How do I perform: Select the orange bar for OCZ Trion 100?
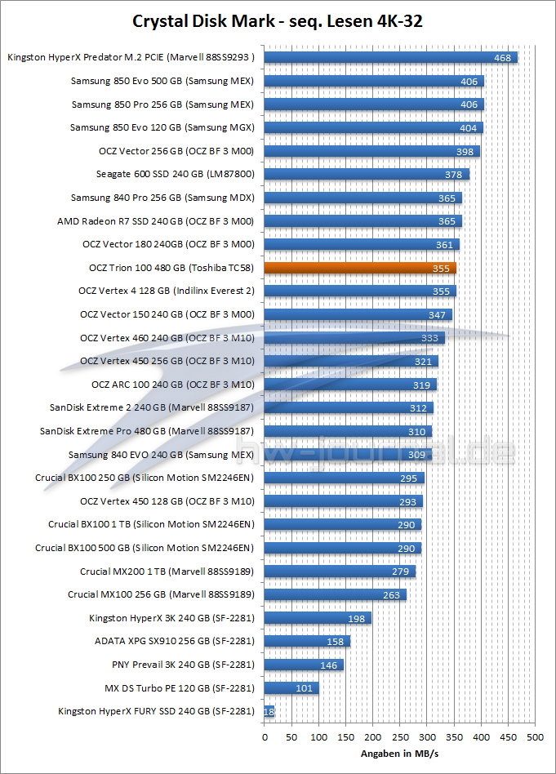point(360,268)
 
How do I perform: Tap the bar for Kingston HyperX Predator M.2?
point(390,58)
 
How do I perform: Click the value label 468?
point(502,58)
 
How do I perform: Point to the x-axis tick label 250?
point(399,738)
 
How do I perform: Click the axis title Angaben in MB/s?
point(399,754)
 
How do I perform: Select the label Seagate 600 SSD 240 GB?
point(175,175)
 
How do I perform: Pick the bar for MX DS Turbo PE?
point(291,688)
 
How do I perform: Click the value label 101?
point(304,688)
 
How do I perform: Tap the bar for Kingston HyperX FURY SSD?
point(269,712)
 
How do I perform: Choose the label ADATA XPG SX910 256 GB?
point(175,642)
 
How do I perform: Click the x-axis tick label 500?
point(535,738)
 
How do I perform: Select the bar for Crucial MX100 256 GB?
point(335,595)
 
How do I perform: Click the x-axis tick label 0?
point(265,738)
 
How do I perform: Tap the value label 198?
point(356,618)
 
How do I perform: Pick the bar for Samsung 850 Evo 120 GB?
point(373,128)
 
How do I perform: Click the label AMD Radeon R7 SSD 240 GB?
point(156,221)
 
